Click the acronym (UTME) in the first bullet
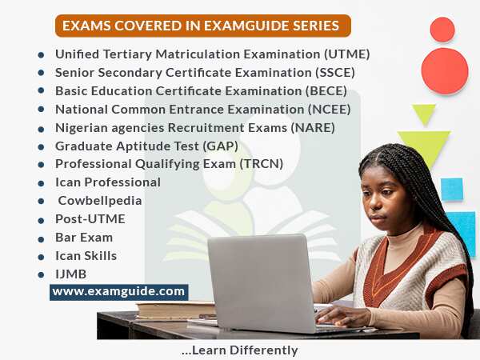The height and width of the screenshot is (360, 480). click(347, 54)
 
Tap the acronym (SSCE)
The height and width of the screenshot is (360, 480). click(335, 73)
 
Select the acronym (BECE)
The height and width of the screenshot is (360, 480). click(326, 91)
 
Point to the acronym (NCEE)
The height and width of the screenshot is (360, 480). click(329, 110)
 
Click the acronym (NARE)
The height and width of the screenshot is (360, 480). click(313, 128)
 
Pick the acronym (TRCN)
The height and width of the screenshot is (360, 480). click(261, 164)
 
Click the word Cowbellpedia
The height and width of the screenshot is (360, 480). click(100, 201)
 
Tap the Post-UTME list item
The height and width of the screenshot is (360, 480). click(90, 219)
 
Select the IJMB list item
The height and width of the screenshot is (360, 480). click(70, 274)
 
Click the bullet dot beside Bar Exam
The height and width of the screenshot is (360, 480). click(41, 239)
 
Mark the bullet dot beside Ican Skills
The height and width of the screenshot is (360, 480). click(41, 257)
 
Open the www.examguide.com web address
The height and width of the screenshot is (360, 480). click(118, 292)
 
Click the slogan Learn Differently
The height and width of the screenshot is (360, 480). click(239, 350)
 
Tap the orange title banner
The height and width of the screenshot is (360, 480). click(203, 26)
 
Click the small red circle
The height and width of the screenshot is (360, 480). click(442, 30)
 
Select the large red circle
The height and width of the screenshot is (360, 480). click(445, 71)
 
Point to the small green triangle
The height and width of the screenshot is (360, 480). click(424, 114)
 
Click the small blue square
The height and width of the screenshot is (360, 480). click(452, 189)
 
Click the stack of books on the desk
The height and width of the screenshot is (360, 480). click(175, 310)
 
